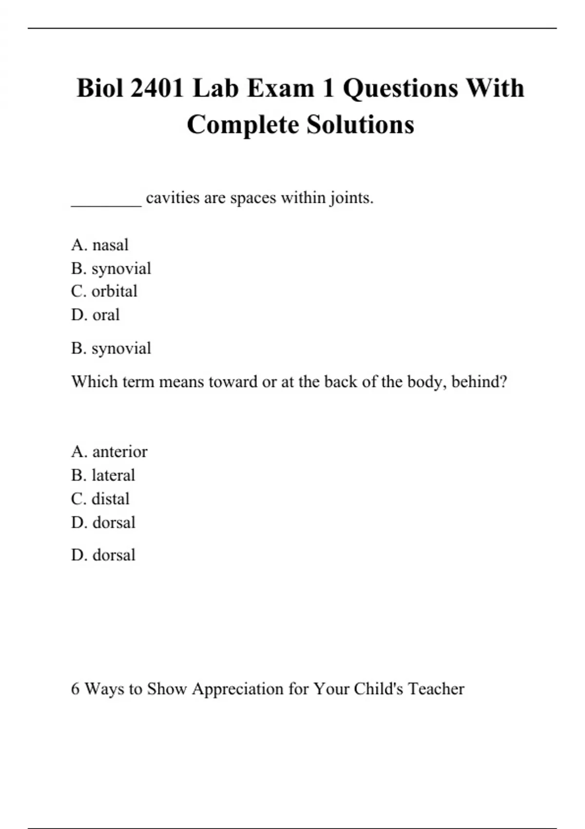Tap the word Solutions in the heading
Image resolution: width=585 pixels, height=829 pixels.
pyautogui.click(x=360, y=125)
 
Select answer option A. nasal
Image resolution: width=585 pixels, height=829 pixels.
pyautogui.click(x=100, y=245)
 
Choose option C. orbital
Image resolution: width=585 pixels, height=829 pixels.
pyautogui.click(x=104, y=291)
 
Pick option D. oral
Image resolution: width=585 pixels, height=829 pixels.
pyautogui.click(x=95, y=315)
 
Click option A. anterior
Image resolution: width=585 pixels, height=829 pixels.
pyautogui.click(x=109, y=452)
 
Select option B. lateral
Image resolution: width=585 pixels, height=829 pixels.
pyautogui.click(x=103, y=475)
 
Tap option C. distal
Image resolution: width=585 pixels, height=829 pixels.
pyautogui.click(x=100, y=499)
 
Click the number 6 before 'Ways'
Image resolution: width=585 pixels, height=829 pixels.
pyautogui.click(x=75, y=689)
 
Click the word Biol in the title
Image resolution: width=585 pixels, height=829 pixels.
pyautogui.click(x=100, y=89)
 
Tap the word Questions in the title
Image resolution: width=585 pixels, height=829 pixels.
pyautogui.click(x=400, y=89)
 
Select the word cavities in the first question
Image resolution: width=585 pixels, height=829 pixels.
pyautogui.click(x=173, y=198)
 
